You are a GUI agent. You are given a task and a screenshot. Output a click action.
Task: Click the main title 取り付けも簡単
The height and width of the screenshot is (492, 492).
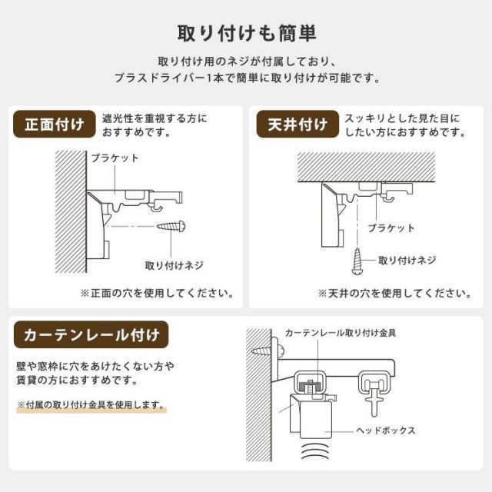click(x=246, y=34)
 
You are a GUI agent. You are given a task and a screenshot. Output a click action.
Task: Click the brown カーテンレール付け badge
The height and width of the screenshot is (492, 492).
click(x=91, y=335)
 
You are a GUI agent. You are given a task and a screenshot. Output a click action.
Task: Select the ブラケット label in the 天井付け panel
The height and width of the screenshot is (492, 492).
click(x=391, y=228)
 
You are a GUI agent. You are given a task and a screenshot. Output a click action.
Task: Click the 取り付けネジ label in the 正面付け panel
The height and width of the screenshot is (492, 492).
click(x=175, y=264)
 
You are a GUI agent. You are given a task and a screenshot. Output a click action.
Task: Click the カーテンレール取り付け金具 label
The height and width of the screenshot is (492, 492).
click(x=341, y=333)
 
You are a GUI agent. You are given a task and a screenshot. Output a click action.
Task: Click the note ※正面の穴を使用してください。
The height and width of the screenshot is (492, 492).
click(x=157, y=294)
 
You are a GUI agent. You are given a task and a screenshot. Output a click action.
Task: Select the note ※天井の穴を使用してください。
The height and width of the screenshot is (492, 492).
click(x=394, y=294)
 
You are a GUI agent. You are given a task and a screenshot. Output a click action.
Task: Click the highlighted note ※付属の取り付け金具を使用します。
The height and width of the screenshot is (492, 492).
click(x=91, y=404)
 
